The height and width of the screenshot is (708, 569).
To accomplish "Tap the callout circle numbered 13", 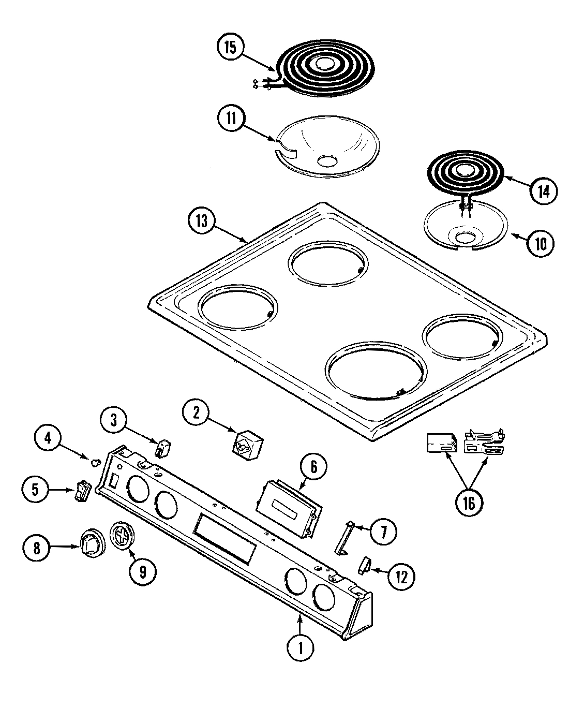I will click(x=202, y=221).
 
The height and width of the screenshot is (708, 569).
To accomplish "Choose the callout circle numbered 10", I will click(x=540, y=243).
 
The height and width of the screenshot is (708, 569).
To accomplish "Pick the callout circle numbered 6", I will click(x=315, y=467).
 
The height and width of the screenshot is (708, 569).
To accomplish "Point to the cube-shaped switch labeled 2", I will click(x=247, y=444).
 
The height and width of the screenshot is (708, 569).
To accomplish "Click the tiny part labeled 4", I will click(x=94, y=461).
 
